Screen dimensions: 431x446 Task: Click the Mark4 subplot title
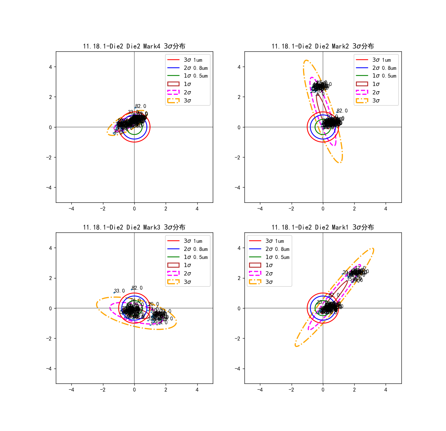coord(134,46)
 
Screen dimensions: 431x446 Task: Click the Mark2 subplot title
coord(323,46)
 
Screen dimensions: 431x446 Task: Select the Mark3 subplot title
coord(134,227)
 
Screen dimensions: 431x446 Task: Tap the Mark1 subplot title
coord(323,227)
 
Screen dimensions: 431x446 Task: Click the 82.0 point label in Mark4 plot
coord(140,106)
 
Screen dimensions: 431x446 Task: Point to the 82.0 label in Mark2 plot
coord(342,111)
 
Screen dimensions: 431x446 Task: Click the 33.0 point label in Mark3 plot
coord(119,291)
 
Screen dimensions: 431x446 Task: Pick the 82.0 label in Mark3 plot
coord(137,288)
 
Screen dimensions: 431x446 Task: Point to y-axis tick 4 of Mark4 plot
coord(50,67)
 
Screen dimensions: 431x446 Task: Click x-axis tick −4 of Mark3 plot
coord(71,390)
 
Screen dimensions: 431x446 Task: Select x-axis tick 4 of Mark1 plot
coord(386,390)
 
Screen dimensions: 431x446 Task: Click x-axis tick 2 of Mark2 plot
coord(354,209)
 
